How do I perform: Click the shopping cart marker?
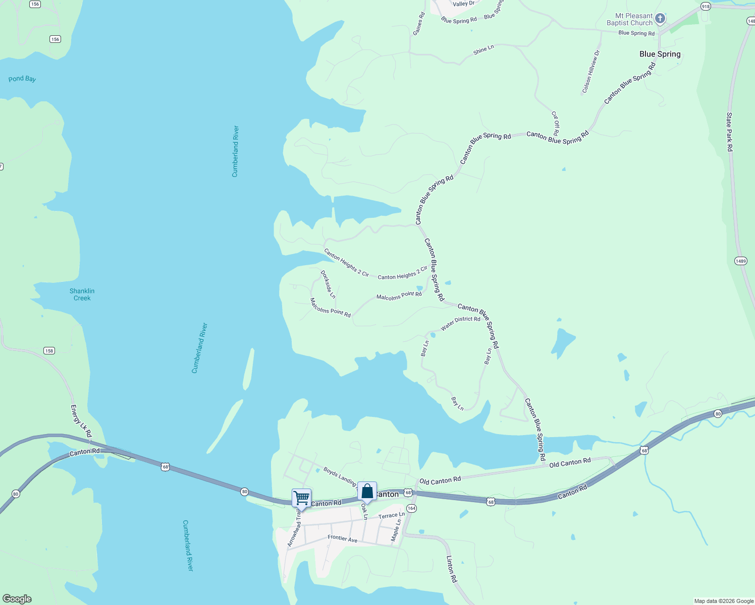[301, 498]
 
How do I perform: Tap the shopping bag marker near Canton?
[367, 491]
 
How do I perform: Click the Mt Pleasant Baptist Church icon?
[660, 19]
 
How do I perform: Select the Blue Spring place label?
[660, 54]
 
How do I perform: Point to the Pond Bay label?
[22, 79]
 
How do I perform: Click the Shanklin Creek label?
[82, 294]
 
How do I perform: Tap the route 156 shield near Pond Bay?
[55, 39]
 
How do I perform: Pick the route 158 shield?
[49, 351]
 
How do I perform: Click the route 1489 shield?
[740, 261]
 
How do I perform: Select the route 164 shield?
[411, 508]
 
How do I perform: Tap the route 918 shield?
[706, 7]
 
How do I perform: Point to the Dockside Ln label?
[328, 284]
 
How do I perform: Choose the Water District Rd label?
[460, 323]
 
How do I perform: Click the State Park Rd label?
[729, 132]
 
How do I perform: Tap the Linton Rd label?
[452, 569]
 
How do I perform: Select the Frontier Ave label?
[342, 538]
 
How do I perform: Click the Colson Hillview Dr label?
[590, 72]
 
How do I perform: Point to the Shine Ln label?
[483, 49]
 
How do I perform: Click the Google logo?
[17, 599]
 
